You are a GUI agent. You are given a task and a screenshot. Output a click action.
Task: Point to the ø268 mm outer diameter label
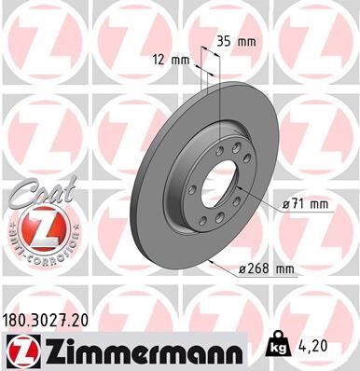[266, 269]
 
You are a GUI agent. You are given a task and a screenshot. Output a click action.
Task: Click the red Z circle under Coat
[35, 227]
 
